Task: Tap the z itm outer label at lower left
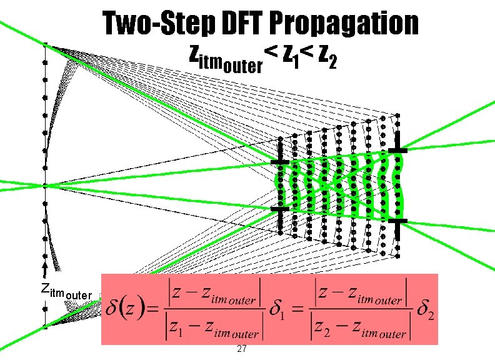(x=66, y=291)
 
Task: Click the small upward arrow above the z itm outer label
(x=46, y=270)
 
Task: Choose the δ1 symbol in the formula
(x=276, y=311)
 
